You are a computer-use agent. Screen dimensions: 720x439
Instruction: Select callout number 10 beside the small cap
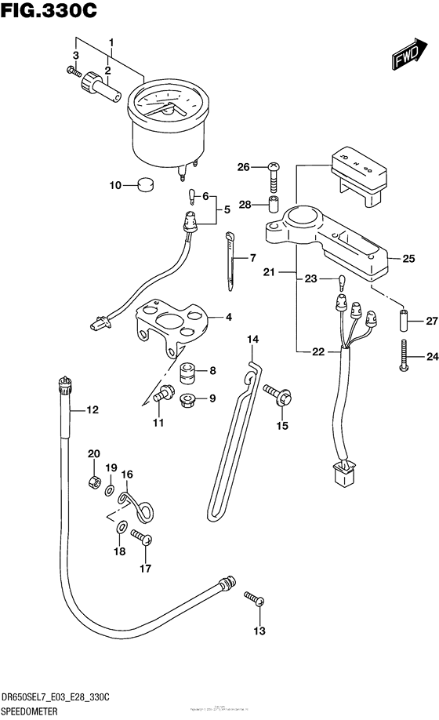coord(115,186)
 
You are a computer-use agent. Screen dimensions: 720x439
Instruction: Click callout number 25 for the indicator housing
coord(408,258)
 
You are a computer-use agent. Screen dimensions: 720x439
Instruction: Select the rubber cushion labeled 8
coord(187,372)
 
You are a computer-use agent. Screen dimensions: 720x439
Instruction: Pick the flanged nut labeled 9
coord(187,399)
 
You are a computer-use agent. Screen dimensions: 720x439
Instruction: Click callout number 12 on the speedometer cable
coord(93,409)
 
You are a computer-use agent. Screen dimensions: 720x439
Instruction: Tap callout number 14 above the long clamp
coord(252,339)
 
